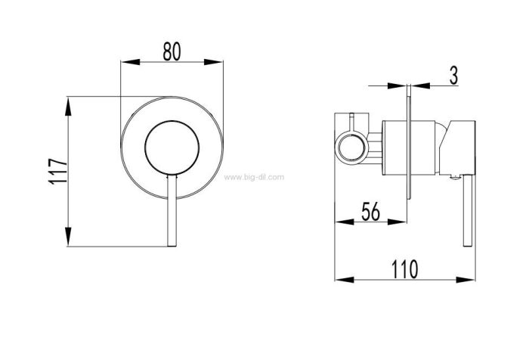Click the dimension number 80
click(x=172, y=51)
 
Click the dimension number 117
click(x=58, y=171)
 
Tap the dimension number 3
click(x=453, y=76)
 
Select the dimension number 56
click(x=370, y=212)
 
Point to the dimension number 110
click(x=404, y=269)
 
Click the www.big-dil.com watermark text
click(x=254, y=177)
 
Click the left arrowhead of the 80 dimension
click(x=130, y=62)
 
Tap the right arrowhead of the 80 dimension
click(x=214, y=62)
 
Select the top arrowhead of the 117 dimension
click(x=69, y=107)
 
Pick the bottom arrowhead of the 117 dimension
click(x=69, y=237)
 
